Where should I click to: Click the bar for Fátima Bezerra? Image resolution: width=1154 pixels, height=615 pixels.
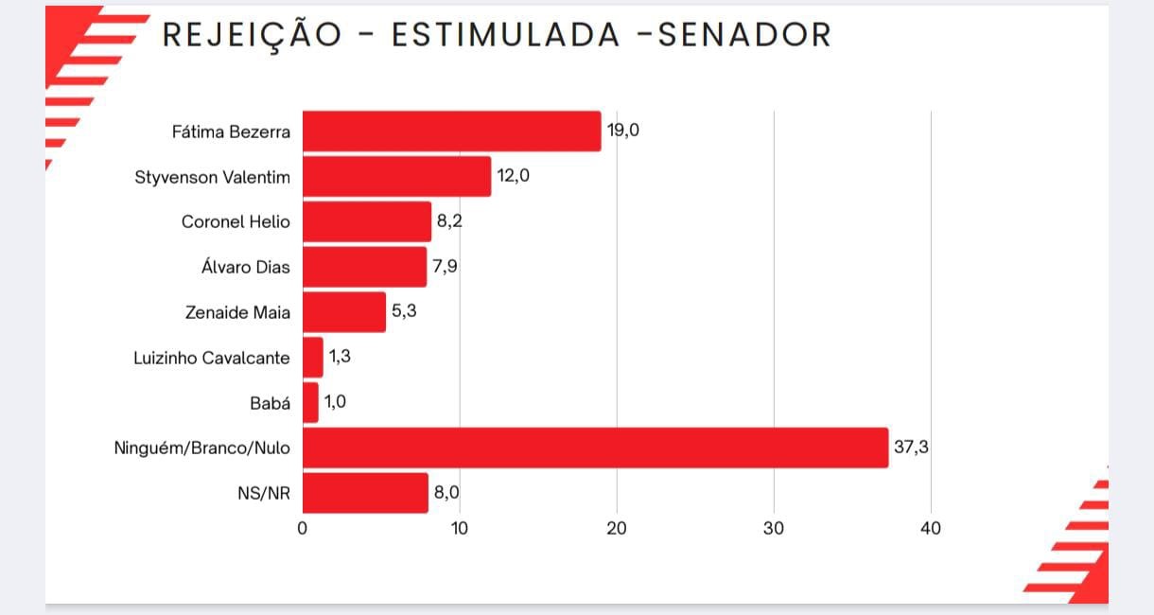point(451,132)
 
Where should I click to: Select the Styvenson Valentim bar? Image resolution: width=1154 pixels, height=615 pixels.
point(396,177)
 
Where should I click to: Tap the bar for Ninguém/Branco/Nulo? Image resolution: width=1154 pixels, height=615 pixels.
point(595,448)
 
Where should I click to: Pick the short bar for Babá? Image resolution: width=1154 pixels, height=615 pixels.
point(310,402)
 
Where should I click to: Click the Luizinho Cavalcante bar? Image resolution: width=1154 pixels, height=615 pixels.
point(312,358)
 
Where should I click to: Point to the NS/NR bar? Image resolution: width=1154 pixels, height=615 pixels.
point(365,493)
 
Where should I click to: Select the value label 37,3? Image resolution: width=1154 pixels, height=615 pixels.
point(911,447)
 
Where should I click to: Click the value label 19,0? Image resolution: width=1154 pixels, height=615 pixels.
point(623,131)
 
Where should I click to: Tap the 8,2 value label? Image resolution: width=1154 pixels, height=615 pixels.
point(449,221)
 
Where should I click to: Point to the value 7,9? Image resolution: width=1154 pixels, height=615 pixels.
point(445,267)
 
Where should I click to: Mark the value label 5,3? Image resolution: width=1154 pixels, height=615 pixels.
point(404,311)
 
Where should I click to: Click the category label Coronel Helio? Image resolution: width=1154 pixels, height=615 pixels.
point(236,222)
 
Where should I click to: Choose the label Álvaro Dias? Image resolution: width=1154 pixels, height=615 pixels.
point(239,267)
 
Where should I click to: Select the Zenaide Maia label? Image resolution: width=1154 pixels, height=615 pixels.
point(237,312)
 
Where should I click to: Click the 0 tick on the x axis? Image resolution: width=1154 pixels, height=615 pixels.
point(303,529)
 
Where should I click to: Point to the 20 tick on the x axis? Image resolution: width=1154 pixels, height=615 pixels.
point(617,529)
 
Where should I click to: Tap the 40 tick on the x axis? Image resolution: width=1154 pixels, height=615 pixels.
point(931,529)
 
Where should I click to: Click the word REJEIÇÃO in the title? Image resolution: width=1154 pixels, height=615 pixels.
point(252,35)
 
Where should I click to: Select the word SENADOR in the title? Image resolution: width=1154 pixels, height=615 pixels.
point(744,35)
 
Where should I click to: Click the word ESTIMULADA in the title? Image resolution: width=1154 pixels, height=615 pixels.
point(506,35)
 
